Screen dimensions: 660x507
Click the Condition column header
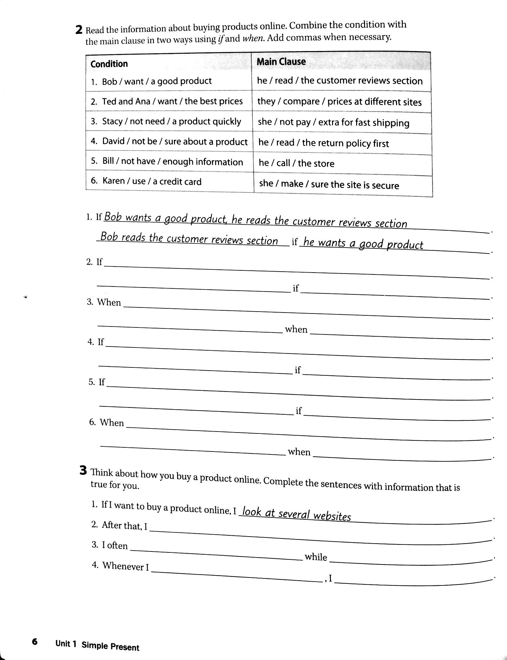[109, 64]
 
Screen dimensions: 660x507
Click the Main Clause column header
[281, 62]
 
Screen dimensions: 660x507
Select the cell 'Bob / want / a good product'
[157, 81]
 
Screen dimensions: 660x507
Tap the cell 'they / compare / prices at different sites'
[339, 102]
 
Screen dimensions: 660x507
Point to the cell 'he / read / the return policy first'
[323, 143]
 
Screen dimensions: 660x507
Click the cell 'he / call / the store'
[296, 163]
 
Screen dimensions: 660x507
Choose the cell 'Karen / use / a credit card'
[151, 181]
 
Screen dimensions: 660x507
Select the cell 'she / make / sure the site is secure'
[329, 184]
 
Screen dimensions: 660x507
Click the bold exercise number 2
[79, 30]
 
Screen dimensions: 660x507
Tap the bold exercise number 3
[83, 471]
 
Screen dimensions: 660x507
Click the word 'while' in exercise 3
[316, 557]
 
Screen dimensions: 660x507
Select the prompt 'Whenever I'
[125, 566]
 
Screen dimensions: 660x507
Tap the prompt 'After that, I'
[124, 526]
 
